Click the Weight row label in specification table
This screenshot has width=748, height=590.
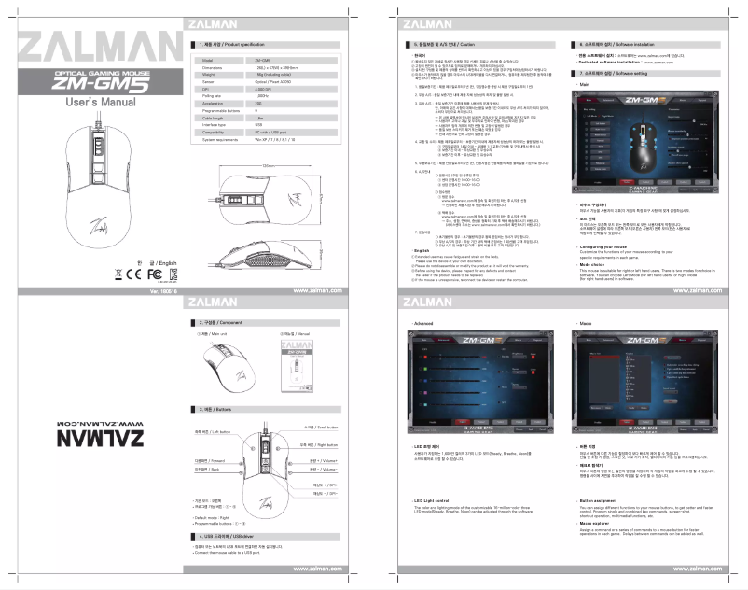coord(209,76)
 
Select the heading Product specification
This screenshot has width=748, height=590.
coord(232,45)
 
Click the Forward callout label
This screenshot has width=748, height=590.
coord(206,459)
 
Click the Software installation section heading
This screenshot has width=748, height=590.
coord(621,45)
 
